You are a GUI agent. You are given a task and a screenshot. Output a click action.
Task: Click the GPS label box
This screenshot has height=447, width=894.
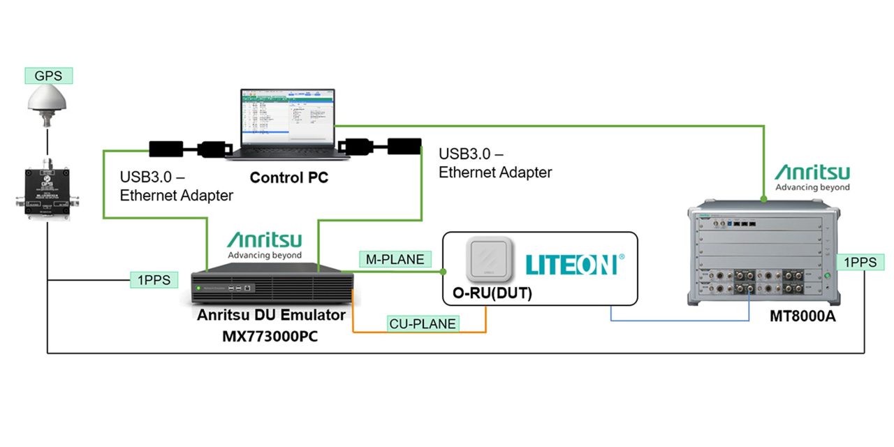click(x=48, y=75)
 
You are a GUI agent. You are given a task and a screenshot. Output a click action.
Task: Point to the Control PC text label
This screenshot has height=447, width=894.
click(x=288, y=178)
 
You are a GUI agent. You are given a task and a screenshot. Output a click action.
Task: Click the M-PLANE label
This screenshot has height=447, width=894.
click(x=395, y=259)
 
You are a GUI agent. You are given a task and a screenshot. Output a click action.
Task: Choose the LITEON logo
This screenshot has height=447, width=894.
click(x=571, y=264)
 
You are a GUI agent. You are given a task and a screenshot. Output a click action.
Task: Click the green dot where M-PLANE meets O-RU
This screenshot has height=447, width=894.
click(x=442, y=272)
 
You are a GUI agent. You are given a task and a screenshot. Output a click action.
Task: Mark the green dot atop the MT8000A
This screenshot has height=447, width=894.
click(x=763, y=199)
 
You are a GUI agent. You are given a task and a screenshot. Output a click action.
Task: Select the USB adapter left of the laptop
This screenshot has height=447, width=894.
click(x=165, y=149)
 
